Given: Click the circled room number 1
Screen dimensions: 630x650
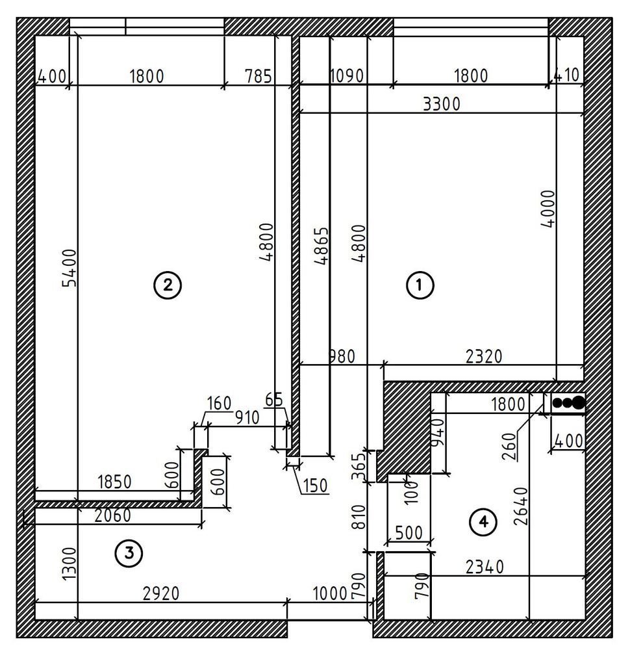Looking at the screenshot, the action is (x=420, y=285).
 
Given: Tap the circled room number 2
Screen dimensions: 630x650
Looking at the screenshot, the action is (x=168, y=285).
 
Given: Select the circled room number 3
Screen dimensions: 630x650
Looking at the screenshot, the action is (x=129, y=553).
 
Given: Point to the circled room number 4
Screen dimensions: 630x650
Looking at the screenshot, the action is (x=483, y=522).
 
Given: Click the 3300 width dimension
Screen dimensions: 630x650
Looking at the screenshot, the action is (x=442, y=104).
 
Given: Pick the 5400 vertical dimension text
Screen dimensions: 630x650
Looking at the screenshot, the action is (x=69, y=268).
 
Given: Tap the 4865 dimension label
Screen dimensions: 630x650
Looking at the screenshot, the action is (x=321, y=246).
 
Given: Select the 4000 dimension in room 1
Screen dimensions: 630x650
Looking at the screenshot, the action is (x=548, y=209).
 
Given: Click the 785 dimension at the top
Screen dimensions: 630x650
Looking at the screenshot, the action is (x=258, y=76).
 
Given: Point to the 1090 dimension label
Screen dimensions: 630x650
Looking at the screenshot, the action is (x=347, y=76).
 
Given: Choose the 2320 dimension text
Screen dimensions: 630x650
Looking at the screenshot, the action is (x=484, y=356).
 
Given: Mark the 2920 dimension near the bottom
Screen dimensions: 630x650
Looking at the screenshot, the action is (x=161, y=593).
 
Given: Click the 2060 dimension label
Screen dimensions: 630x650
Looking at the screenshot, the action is (x=112, y=515).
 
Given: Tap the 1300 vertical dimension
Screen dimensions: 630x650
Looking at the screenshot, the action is (x=69, y=564).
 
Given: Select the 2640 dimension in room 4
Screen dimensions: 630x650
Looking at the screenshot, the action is (x=521, y=506).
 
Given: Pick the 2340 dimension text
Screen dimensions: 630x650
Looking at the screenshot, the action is (x=485, y=567).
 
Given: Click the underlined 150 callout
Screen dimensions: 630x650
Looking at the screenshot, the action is (x=315, y=486).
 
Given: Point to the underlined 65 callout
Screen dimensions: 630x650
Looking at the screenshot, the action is (x=274, y=400).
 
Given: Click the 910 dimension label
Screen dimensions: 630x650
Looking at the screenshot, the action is (x=247, y=417).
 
